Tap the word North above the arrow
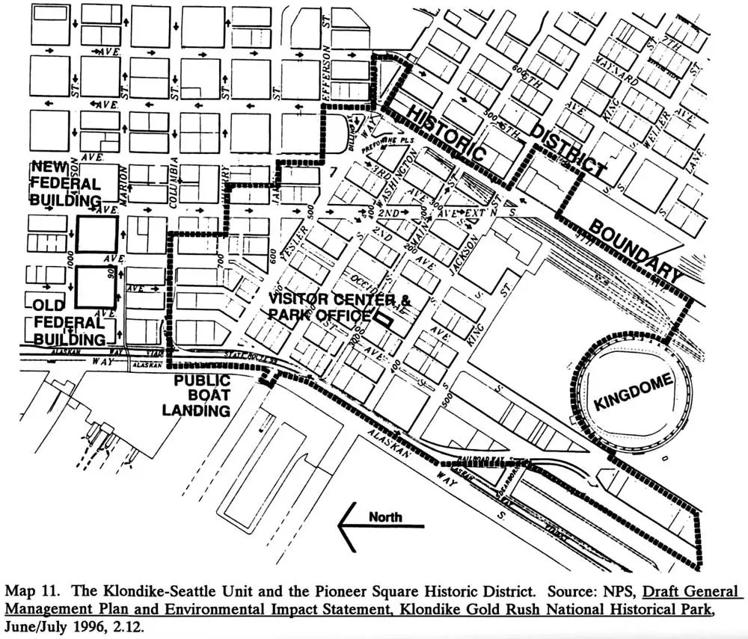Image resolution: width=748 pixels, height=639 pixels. point(385,516)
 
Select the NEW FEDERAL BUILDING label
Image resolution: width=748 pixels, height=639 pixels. point(65,183)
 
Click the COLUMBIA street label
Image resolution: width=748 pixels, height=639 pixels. point(173,180)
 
